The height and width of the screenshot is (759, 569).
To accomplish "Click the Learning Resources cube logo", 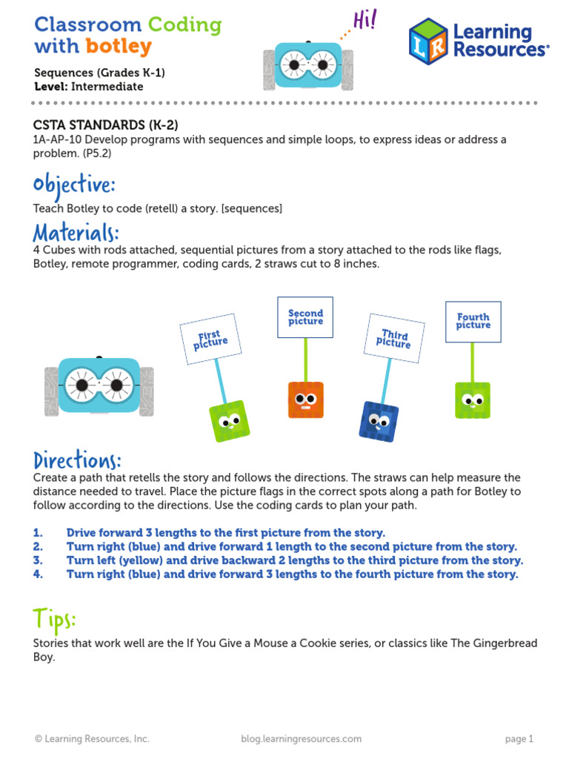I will click(x=428, y=41).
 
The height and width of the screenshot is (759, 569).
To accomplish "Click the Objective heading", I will click(x=74, y=184).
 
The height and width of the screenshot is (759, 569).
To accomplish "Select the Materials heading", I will click(x=76, y=232).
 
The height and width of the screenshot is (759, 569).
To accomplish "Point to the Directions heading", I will click(x=77, y=460).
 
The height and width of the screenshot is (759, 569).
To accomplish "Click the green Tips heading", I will click(x=55, y=618).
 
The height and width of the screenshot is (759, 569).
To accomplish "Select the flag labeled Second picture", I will click(x=305, y=317).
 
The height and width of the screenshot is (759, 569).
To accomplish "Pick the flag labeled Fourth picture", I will click(x=473, y=322).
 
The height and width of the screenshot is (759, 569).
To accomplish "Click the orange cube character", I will click(x=306, y=400).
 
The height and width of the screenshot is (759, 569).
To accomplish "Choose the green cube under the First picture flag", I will click(x=229, y=420).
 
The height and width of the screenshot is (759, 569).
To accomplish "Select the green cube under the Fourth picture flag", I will click(x=472, y=400).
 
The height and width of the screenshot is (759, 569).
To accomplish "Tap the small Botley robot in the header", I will click(x=308, y=65).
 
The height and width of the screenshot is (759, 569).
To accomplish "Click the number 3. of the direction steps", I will click(x=38, y=560).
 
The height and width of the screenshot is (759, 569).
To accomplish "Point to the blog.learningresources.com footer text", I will click(x=301, y=738).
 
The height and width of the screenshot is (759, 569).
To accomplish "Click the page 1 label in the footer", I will click(x=519, y=738).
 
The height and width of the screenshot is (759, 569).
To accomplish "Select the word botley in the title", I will click(x=119, y=47).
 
